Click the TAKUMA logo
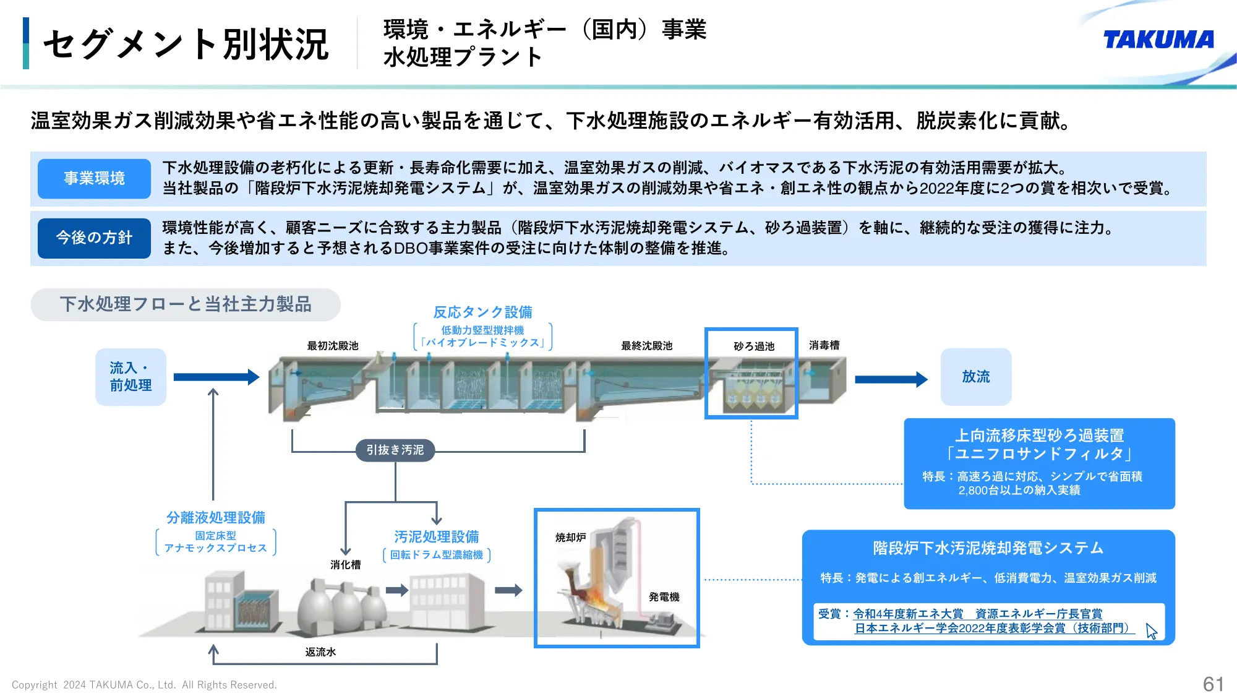[x=1158, y=40]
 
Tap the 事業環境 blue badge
[x=94, y=179]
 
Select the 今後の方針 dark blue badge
[x=94, y=238]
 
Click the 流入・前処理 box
[x=131, y=377]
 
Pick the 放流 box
[x=975, y=377]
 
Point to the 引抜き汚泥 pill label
[x=395, y=450]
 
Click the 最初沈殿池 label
[x=333, y=346]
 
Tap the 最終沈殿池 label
[x=646, y=346]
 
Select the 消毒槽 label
[x=824, y=345]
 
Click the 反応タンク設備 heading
[x=482, y=312]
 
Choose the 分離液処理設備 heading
[x=215, y=517]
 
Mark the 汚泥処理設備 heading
[x=437, y=536]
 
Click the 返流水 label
[x=320, y=652]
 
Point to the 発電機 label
[x=664, y=597]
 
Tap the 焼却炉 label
[x=570, y=538]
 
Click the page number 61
[x=1213, y=684]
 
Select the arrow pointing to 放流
[x=891, y=379]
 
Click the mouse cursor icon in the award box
[x=1151, y=631]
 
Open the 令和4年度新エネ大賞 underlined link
[x=908, y=614]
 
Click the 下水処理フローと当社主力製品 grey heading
[x=186, y=304]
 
